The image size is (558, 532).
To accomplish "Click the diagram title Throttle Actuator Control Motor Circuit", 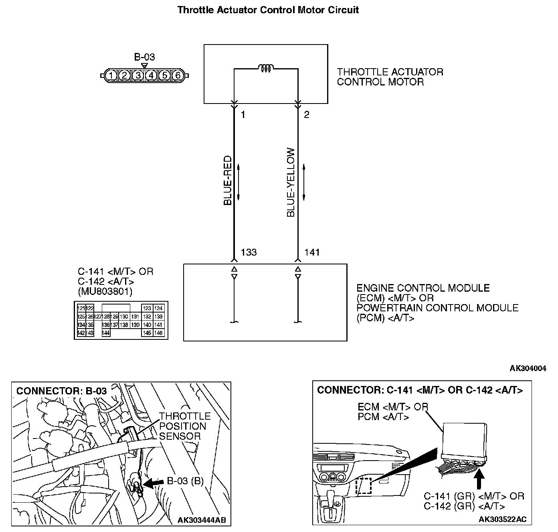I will click(268, 10).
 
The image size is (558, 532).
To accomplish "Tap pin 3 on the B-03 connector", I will click(138, 75).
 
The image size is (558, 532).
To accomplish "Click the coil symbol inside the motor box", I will click(266, 69).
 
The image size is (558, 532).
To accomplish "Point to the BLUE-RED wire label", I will click(228, 181).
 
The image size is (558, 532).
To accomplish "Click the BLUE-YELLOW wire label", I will click(291, 183).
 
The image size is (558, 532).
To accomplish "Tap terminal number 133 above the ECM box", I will click(249, 252).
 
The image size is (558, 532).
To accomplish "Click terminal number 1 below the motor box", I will click(243, 115).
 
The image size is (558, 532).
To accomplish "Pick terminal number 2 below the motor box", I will click(307, 115).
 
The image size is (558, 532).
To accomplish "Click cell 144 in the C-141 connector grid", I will click(106, 333).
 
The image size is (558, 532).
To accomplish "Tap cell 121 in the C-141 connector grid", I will click(81, 308).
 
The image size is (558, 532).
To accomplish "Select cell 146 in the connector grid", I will click(158, 333).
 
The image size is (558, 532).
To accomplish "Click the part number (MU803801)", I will click(105, 291).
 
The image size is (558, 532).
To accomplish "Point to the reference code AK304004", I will click(528, 368).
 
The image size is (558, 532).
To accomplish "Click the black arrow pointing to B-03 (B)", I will click(153, 483).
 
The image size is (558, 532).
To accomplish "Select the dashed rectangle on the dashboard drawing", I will click(363, 486).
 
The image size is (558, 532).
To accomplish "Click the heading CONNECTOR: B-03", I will click(61, 391).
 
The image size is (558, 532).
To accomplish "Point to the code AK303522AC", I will click(502, 519).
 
